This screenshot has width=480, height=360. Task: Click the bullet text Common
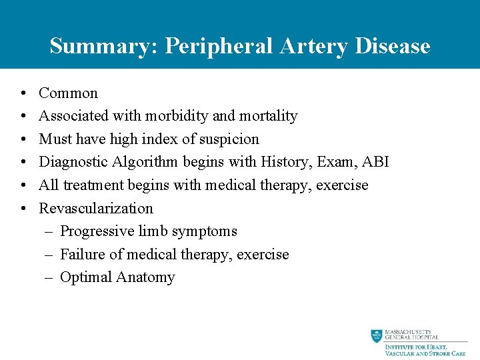click(x=68, y=93)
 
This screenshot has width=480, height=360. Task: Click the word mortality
click(x=268, y=116)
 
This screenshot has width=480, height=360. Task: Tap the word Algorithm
click(x=147, y=162)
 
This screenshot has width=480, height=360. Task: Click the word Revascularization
click(x=96, y=208)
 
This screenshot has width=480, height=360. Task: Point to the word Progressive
click(x=97, y=231)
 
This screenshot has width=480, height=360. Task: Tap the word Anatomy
click(x=145, y=277)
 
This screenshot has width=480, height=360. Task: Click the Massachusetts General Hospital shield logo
click(x=377, y=336)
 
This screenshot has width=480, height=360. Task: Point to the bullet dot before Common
click(x=23, y=93)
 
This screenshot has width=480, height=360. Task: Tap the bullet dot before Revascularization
click(x=23, y=209)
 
